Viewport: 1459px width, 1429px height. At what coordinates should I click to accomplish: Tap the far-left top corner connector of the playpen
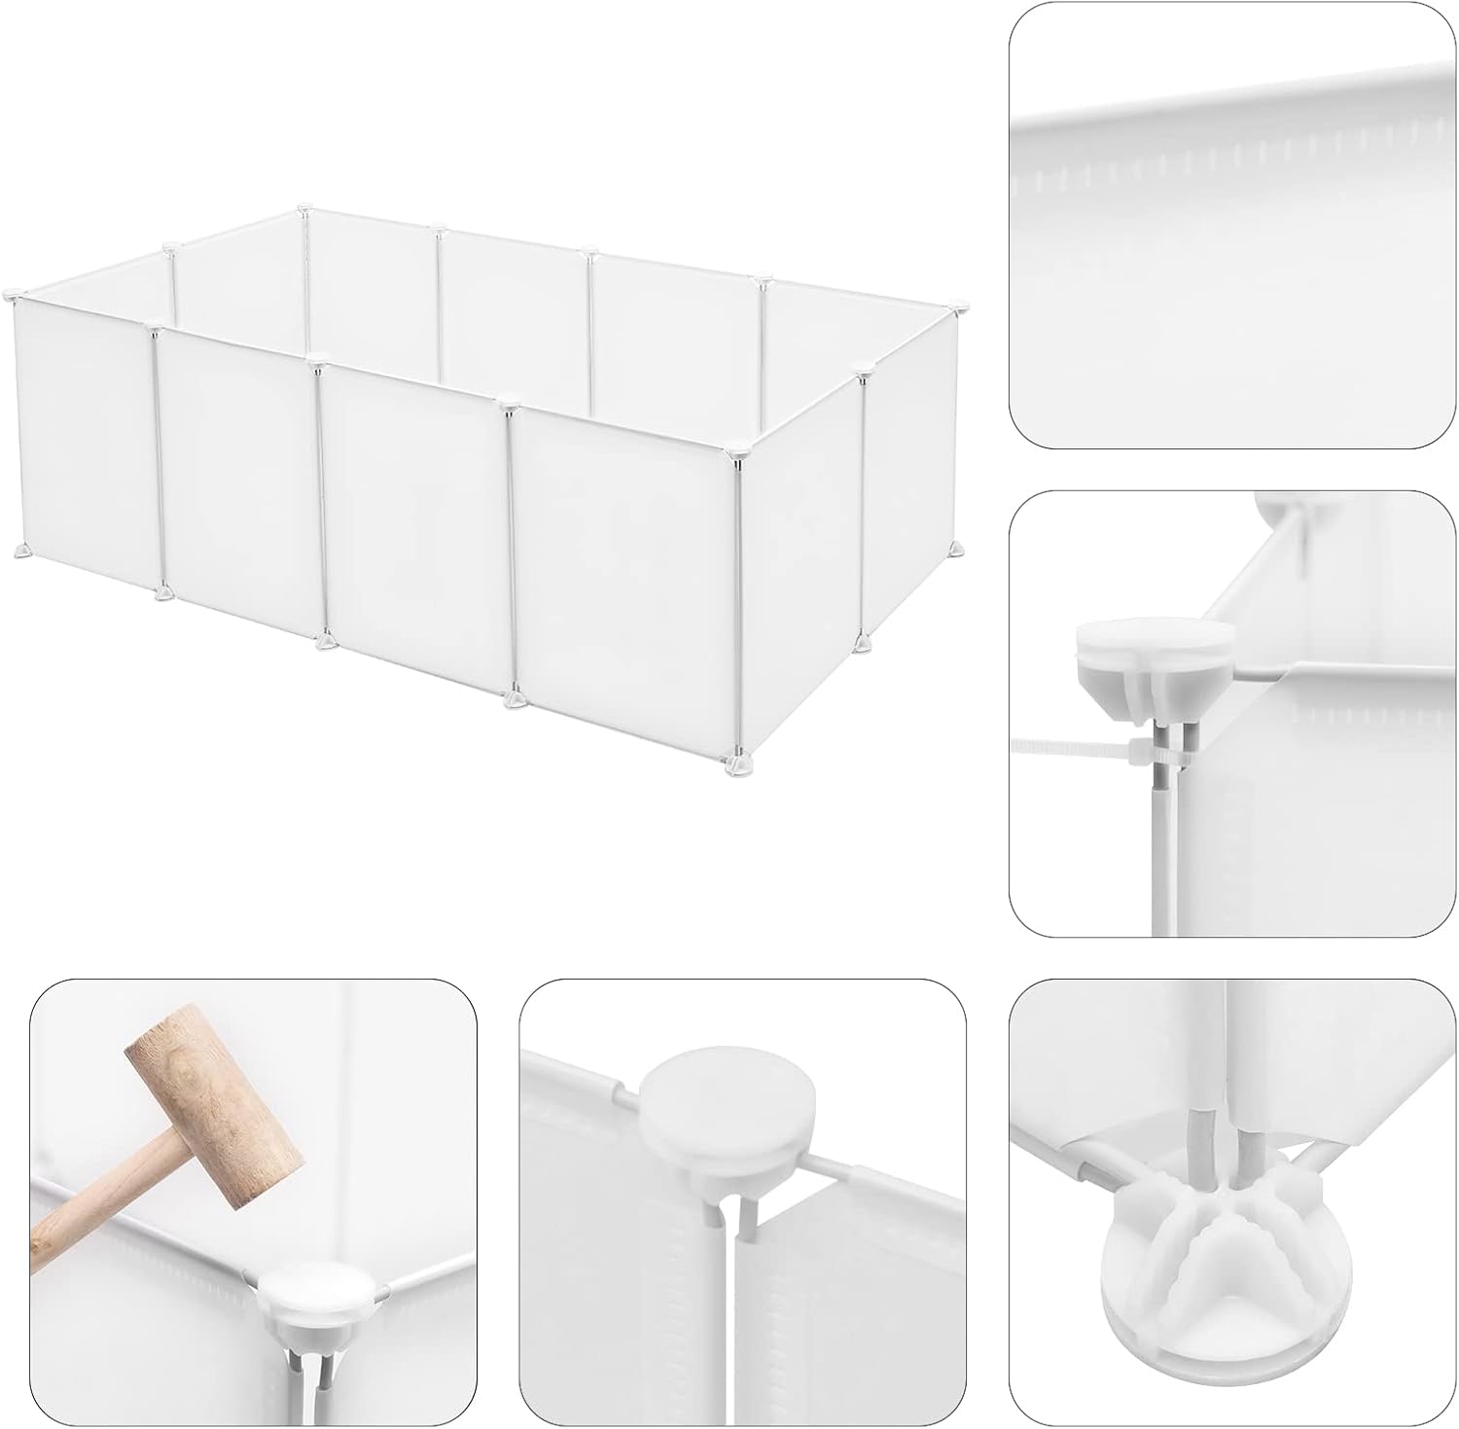tap(12, 294)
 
